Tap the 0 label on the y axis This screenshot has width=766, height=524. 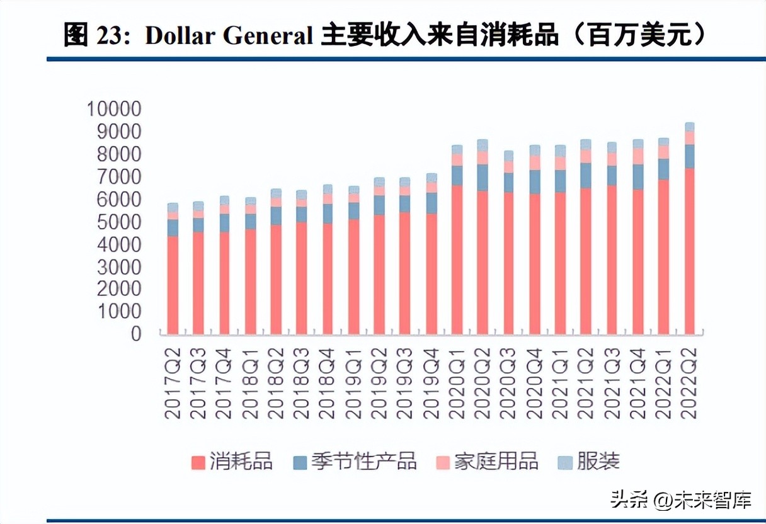point(136,334)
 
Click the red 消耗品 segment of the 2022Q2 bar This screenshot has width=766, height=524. point(690,252)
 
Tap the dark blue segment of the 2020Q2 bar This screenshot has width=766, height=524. point(483,178)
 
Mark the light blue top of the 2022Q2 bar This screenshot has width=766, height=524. point(690,127)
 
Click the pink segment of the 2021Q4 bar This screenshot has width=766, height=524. point(638,156)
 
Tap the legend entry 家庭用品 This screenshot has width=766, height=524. point(496,461)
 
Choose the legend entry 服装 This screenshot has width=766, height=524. point(598,461)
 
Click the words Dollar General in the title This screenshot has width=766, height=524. point(229,37)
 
